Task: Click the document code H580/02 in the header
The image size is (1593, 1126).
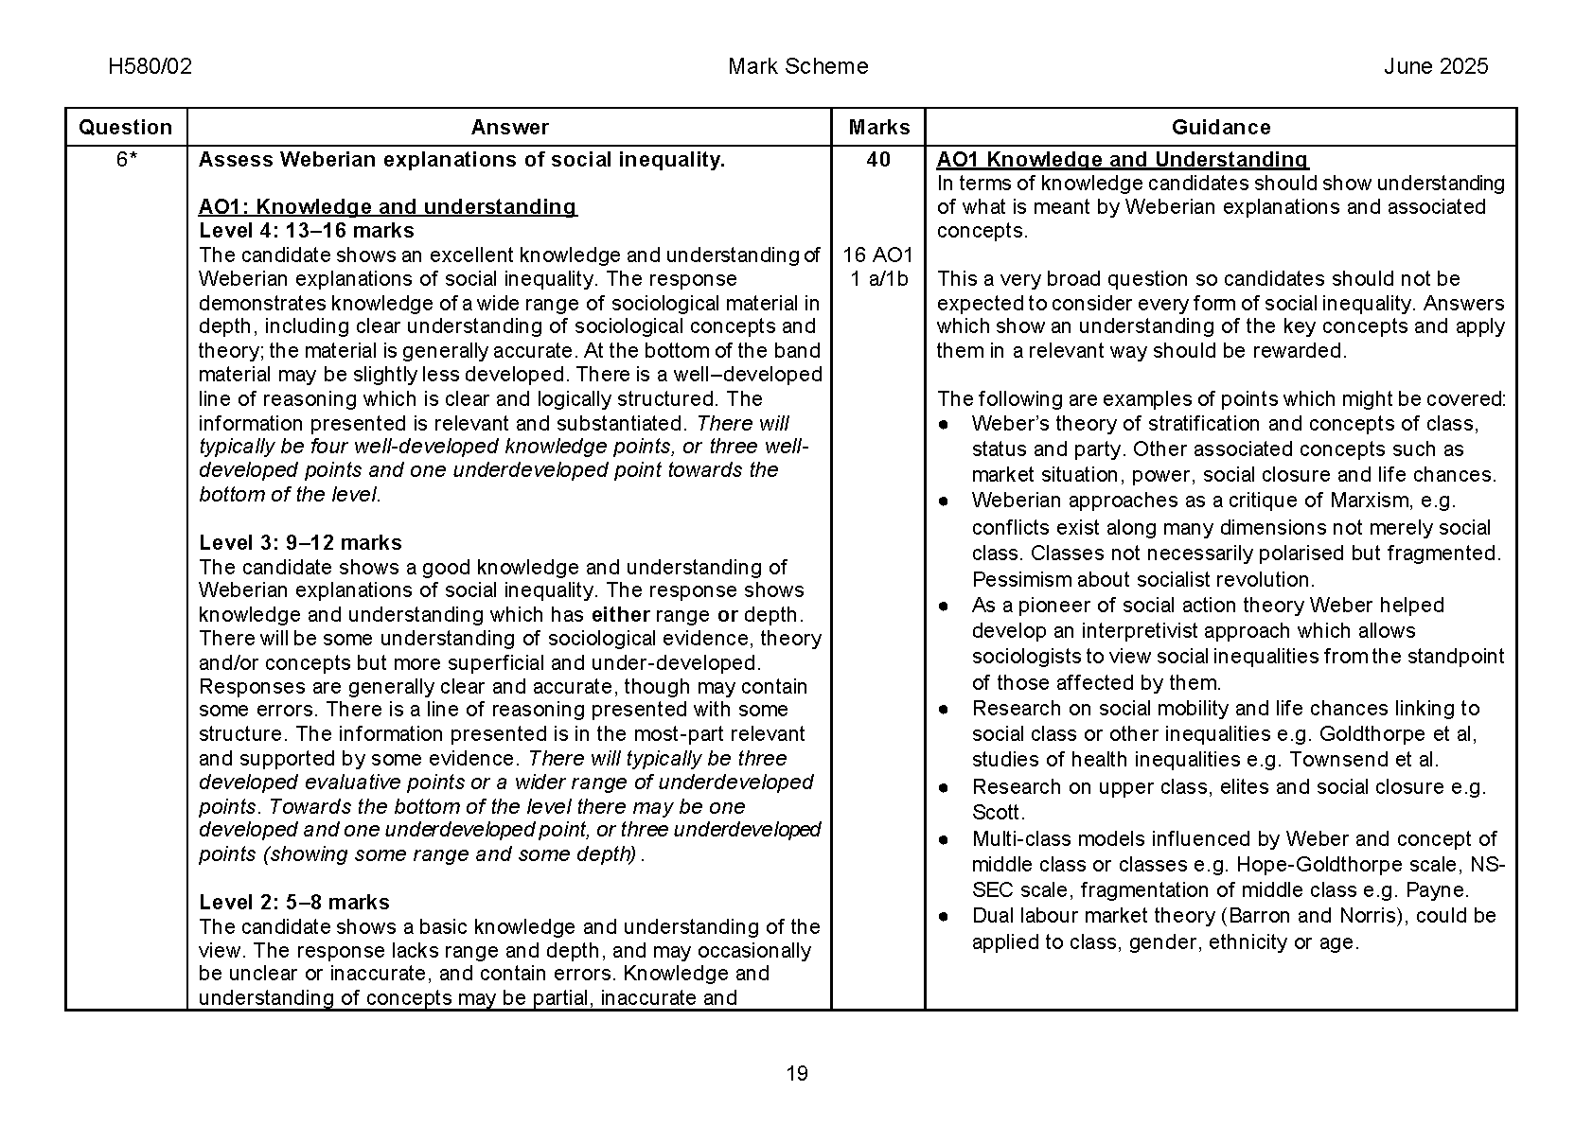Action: pos(150,66)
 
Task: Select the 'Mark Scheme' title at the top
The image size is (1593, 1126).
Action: pos(798,66)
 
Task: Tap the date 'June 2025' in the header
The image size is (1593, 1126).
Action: pos(1435,66)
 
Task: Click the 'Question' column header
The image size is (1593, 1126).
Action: pos(126,128)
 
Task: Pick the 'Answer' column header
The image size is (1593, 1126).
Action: pos(509,128)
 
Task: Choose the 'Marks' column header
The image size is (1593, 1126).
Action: pos(878,128)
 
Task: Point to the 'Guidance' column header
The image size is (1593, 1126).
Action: pos(1220,128)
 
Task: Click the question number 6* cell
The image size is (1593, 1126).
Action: pos(126,160)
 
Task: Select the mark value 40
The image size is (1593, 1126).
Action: pos(878,160)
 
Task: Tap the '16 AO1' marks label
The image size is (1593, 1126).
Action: pos(878,255)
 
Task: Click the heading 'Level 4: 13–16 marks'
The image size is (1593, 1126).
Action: pos(307,231)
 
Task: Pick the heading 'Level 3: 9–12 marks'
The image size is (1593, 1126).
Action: pos(300,543)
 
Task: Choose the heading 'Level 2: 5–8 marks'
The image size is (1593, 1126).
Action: pos(294,903)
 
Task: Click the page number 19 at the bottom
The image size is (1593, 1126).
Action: pos(797,1073)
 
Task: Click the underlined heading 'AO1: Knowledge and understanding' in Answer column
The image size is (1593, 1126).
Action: pos(387,207)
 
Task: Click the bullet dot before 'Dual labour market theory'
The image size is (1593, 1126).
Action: pos(944,916)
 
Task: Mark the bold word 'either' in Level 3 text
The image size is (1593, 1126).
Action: pos(620,615)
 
